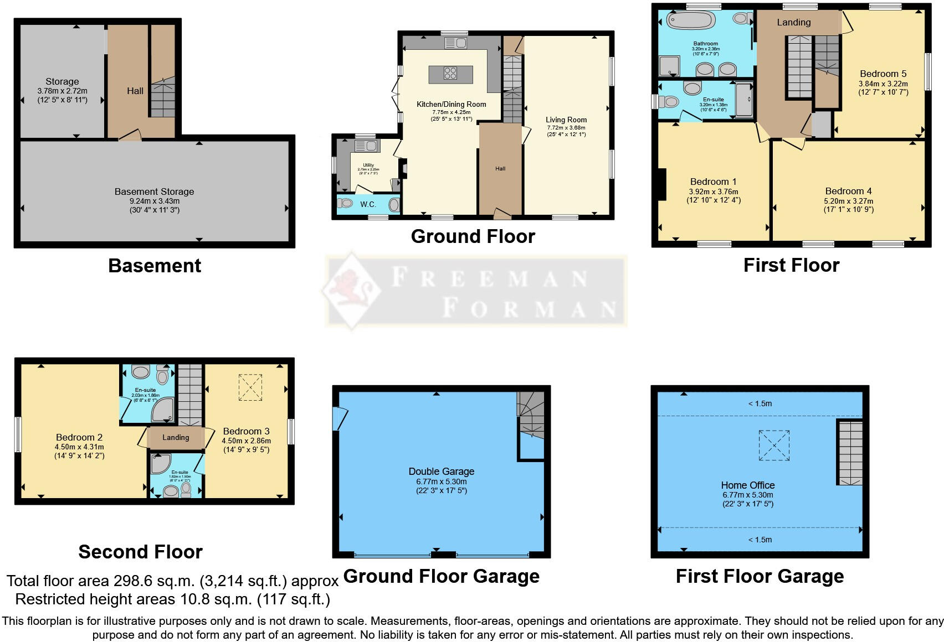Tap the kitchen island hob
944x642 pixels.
pyautogui.click(x=450, y=74)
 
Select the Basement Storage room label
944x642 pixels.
pyautogui.click(x=154, y=191)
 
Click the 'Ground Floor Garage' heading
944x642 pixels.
pyautogui.click(x=441, y=576)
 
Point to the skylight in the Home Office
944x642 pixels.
pyautogui.click(x=774, y=446)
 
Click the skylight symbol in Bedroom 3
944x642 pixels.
pyautogui.click(x=250, y=387)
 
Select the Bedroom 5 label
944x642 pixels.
pyautogui.click(x=883, y=74)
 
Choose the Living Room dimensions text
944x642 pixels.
pyautogui.click(x=566, y=131)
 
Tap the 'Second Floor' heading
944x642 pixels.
pyautogui.click(x=140, y=552)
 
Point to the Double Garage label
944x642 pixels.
pyautogui.click(x=441, y=472)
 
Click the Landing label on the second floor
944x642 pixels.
pyautogui.click(x=176, y=437)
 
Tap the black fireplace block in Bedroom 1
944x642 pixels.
pyautogui.click(x=660, y=184)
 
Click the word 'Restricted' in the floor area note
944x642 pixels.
pyautogui.click(x=49, y=599)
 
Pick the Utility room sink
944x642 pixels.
pyautogui.click(x=366, y=146)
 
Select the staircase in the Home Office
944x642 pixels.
pyautogui.click(x=850, y=453)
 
